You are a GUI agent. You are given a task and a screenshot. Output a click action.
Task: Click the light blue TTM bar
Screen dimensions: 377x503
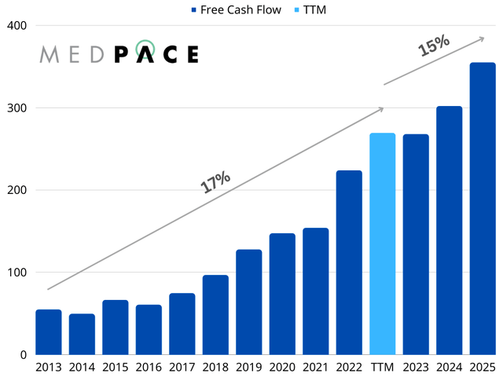coord(383,244)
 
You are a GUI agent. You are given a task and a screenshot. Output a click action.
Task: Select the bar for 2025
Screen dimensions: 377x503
coord(483,209)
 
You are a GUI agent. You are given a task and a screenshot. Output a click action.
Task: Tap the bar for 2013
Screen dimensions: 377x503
coord(49,332)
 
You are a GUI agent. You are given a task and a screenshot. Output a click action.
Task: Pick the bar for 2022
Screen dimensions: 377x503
coord(349,262)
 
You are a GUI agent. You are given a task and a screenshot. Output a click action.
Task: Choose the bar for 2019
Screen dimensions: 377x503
coord(249,302)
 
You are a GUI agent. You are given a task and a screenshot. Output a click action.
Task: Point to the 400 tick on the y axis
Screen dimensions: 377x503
coord(16,26)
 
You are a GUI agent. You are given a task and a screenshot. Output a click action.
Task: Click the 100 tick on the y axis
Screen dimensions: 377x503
coord(16,273)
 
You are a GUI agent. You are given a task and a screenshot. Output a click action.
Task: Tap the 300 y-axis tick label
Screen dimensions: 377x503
coord(16,108)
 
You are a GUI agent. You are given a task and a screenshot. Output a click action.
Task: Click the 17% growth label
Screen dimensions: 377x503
coord(215,181)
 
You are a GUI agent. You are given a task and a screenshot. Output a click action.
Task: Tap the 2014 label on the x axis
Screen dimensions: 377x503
coord(82,366)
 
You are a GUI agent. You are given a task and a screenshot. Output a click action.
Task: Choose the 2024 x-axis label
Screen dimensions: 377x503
coord(449,366)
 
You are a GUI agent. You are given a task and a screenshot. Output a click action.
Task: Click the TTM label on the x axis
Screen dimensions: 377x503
coord(383,366)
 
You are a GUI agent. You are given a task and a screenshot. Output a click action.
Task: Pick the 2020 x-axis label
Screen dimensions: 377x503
coord(282,366)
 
